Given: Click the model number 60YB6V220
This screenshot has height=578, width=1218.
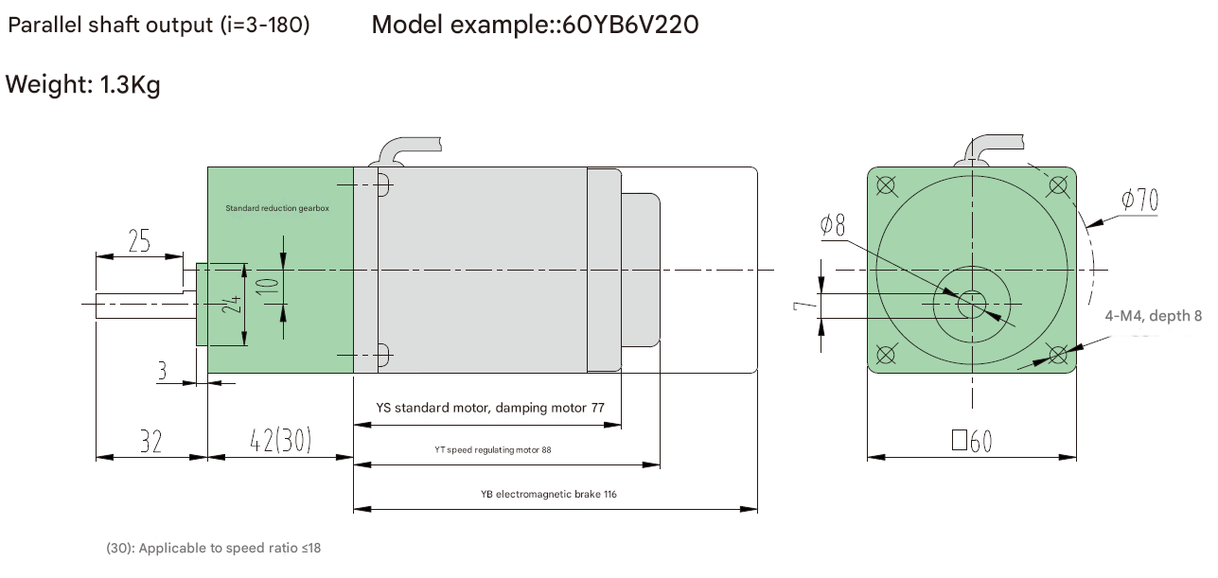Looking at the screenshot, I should [630, 25].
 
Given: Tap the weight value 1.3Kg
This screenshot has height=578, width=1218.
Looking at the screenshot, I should [130, 85].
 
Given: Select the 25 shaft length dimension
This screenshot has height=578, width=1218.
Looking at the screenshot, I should [139, 242].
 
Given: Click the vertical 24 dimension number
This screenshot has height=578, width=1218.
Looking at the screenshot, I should [234, 304].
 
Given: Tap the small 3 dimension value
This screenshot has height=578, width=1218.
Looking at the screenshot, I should [162, 371].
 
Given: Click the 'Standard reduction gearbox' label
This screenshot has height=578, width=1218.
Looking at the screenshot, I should [277, 208].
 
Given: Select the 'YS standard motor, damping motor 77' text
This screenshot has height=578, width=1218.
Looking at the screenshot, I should [490, 409].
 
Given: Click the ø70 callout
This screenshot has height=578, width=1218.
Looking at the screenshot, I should [1139, 200].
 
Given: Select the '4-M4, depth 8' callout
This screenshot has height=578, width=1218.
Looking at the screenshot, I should [1153, 316].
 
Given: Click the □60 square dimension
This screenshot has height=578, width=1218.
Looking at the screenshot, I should [971, 441].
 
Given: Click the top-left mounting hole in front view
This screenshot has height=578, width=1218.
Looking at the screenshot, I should [886, 184].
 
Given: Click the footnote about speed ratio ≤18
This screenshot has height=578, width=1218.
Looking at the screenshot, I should [213, 548].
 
